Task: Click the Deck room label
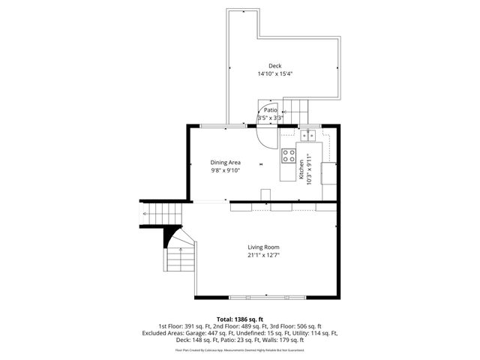coord(275,65)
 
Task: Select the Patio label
coord(270,110)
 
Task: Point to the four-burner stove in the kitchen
coord(288,156)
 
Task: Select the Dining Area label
coord(225,163)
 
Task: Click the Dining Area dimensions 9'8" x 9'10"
coord(225,171)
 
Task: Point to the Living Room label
coord(264,247)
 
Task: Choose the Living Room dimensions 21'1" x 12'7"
coord(264,256)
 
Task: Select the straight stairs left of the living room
coord(150,213)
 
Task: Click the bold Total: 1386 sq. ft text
coord(240,319)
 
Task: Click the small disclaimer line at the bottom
coord(240,349)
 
